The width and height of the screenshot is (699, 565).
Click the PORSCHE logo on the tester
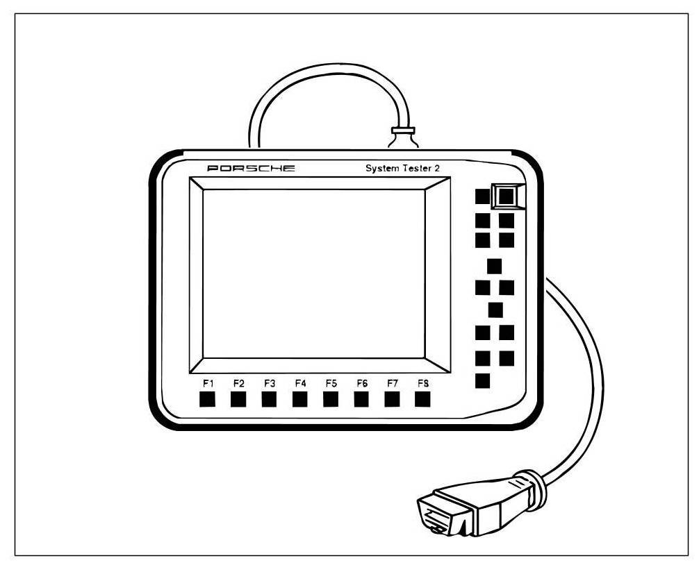pos(252,168)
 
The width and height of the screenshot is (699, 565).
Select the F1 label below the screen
pos(207,382)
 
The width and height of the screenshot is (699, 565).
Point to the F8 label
pos(422,382)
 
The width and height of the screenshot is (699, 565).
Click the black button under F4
pos(299,399)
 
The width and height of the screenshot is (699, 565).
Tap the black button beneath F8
pos(422,399)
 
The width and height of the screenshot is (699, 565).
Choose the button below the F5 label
pos(331,399)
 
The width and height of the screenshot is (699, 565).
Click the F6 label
pos(362,382)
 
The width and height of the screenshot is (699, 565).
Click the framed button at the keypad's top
pos(505,196)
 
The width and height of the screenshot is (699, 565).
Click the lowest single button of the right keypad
pos(483,380)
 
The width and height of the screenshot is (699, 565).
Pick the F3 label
pos(270,382)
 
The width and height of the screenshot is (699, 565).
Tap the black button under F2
pos(238,399)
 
